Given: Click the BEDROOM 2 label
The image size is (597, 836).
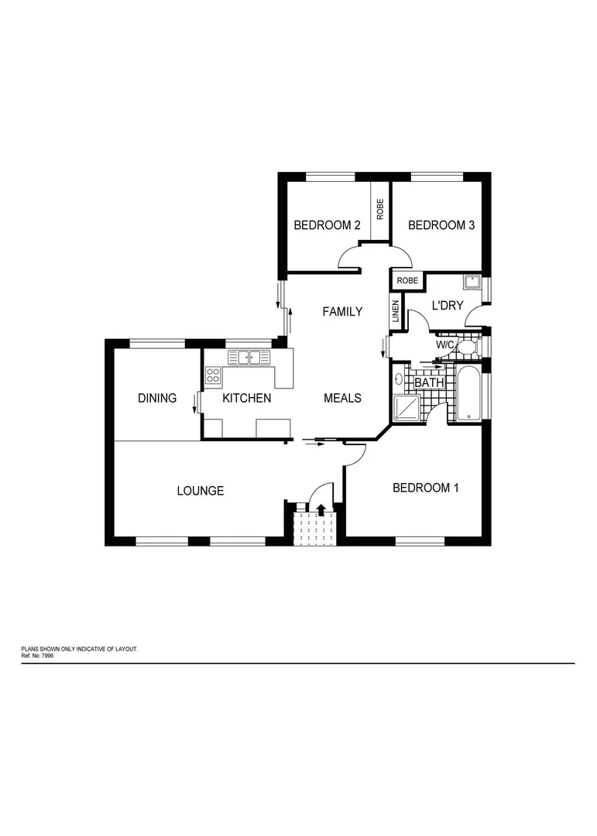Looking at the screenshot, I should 327,225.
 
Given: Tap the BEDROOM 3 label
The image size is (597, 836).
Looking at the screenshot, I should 441,225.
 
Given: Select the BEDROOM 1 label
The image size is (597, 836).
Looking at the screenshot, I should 426,488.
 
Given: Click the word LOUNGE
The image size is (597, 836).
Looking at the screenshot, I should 201,491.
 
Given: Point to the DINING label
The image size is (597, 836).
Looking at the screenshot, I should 157,398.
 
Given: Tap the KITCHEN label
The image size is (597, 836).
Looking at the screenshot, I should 247,398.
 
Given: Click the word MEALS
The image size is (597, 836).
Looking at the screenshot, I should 342,398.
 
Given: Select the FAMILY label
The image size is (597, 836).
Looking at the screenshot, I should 342,312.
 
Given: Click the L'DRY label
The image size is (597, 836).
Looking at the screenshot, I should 448,306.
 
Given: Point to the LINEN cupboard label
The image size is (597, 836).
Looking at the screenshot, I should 395,312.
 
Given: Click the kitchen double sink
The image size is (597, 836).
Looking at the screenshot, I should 249,357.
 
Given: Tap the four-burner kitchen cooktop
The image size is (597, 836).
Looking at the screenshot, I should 213,376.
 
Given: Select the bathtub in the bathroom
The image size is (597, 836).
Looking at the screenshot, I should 468,394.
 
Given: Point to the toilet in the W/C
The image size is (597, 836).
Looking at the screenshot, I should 466,346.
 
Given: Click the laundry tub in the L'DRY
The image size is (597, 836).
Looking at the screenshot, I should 471,282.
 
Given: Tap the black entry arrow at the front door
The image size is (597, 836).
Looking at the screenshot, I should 321,509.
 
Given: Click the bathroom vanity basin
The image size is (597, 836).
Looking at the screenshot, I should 399,379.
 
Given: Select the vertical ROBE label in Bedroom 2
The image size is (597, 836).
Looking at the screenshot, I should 380,210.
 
